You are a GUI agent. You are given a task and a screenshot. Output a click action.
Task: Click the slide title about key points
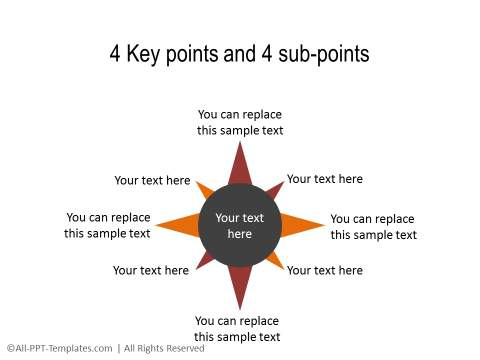coord(239,54)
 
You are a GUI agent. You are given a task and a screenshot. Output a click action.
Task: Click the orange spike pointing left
coord(177,226)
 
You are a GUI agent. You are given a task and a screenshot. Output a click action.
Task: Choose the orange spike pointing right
coord(303,226)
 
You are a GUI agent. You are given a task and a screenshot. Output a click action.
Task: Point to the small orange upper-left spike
coord(205,191)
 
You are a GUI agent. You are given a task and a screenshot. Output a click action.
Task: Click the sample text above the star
coord(240,122)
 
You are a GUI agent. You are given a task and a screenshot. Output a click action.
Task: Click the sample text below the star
coord(237,329)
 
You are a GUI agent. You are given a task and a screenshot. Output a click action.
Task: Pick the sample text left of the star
coord(108,225)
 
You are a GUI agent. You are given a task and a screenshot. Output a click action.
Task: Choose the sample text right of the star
coord(373,227)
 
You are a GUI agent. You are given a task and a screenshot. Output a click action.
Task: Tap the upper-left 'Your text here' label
coord(152,181)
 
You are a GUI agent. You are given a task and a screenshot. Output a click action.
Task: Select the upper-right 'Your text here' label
coord(325,179)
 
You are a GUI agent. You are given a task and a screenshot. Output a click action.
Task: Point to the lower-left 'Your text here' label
coord(151,270)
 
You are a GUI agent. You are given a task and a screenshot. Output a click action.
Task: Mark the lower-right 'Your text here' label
coord(325,270)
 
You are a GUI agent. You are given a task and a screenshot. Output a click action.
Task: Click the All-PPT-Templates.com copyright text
coord(59,348)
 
